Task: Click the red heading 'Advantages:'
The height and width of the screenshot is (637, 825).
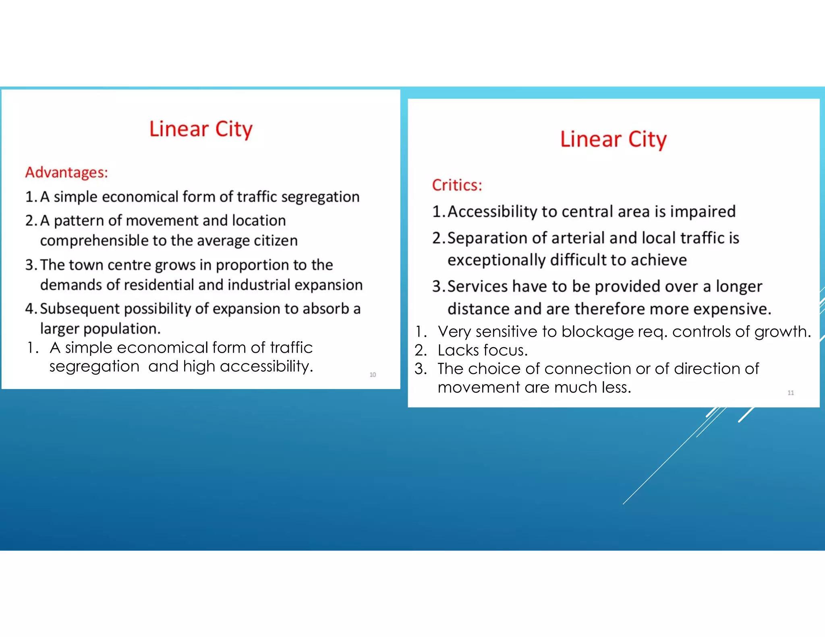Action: [66, 172]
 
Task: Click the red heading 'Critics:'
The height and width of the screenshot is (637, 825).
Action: [457, 185]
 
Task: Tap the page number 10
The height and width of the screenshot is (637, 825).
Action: [373, 375]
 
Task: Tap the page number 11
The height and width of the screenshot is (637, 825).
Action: [791, 393]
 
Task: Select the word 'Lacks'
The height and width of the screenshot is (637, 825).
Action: [455, 350]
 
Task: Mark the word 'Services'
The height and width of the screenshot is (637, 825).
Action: [477, 287]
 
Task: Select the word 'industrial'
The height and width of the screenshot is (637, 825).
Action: [257, 285]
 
